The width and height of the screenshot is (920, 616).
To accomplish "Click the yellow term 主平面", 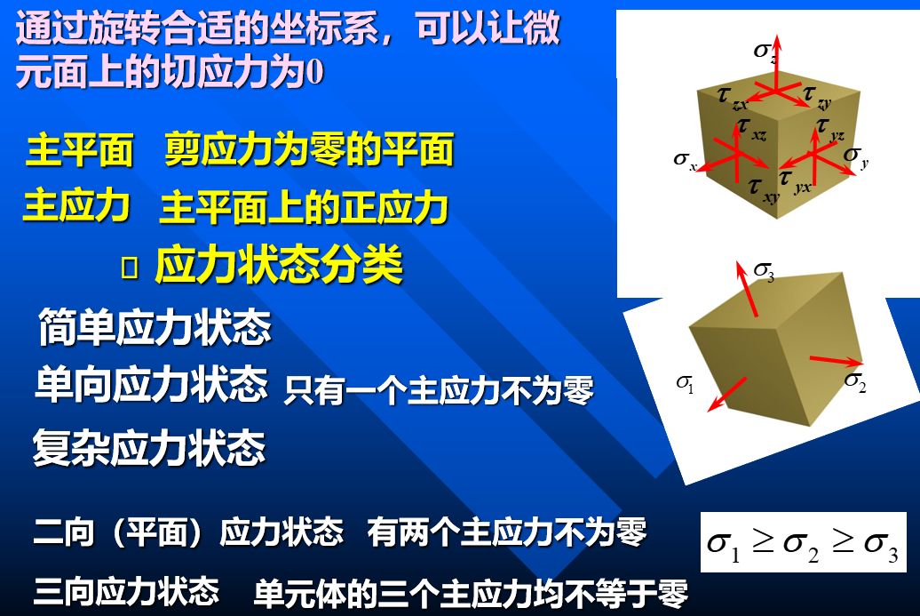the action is pos(80,149).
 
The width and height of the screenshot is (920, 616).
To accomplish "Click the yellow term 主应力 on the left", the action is pos(76,206).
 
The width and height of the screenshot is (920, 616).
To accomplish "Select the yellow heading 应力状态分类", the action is pos(279,265).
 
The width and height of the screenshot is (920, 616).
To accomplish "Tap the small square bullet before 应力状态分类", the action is pos(129,268).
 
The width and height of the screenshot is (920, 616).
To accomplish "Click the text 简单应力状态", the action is pos(155,326).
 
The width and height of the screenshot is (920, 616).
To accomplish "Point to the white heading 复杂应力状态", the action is pos(149,447).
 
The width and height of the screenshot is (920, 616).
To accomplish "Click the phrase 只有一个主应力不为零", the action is pos(439,390).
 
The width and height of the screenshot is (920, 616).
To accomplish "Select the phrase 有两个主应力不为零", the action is pos(507,532).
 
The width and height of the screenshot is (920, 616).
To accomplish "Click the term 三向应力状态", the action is pos(127,591).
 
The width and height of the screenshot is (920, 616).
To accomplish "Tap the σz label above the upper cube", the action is pos(765,52).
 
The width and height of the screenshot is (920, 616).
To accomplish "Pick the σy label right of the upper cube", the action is pos(856,156).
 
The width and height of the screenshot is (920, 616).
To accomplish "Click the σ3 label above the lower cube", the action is pos(764,271).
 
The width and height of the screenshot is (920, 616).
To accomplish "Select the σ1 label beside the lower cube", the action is pos(685,384).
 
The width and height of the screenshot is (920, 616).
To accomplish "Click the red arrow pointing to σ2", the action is pos(837,360).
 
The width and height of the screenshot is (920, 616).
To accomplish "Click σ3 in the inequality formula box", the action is pos(881,546).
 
